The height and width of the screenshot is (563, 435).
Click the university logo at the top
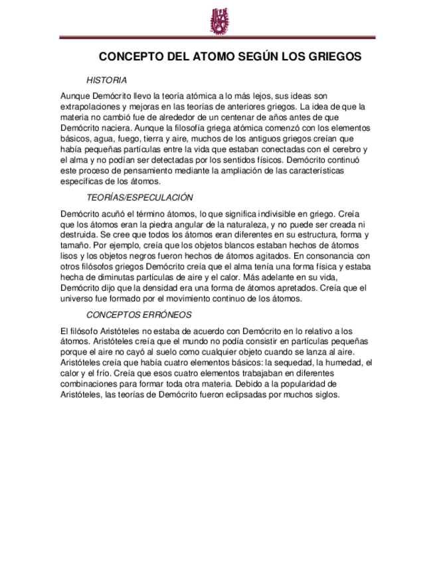(218, 21)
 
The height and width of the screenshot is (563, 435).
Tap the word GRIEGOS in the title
(335, 57)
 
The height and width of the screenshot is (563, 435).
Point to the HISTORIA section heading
(106, 80)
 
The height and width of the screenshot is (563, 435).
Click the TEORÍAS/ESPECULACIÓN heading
(139, 197)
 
